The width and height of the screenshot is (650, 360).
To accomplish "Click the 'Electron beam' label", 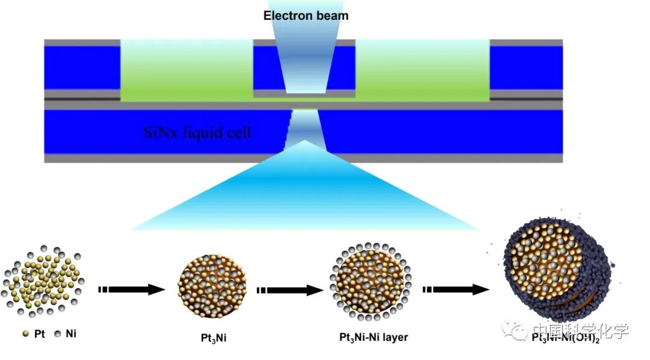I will click(x=306, y=15).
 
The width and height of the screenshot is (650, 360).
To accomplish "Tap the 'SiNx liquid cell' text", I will click(x=197, y=132).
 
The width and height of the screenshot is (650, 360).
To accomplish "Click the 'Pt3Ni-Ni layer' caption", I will click(x=373, y=337).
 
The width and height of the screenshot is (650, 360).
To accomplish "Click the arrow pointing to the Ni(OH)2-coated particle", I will click(x=455, y=290).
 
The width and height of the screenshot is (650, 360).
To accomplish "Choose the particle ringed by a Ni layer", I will click(x=370, y=282).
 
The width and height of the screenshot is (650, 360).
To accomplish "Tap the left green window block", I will click(x=187, y=69).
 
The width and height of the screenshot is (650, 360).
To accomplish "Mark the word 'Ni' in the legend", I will click(x=70, y=334).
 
